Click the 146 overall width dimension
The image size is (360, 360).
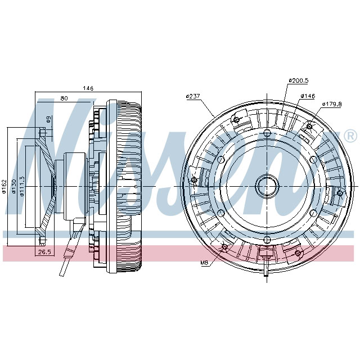click(88, 88)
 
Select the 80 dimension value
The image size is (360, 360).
click(64, 98)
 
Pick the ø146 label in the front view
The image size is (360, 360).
click(307, 96)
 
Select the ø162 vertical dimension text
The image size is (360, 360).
click(4, 186)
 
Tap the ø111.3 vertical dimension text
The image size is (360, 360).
click(22, 186)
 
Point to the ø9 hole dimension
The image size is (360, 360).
click(49, 119)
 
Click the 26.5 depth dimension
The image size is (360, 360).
click(44, 253)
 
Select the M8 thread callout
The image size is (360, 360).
click(204, 263)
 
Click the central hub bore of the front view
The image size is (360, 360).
click(267, 185)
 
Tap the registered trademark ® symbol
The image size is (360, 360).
click(349, 136)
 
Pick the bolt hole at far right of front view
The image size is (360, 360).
click(339, 192)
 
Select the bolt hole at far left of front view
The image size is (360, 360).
click(195, 180)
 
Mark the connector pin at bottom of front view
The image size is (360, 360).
click(264, 270)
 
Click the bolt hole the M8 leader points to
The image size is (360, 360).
click(225, 247)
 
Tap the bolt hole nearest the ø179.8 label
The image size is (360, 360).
click(309, 127)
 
